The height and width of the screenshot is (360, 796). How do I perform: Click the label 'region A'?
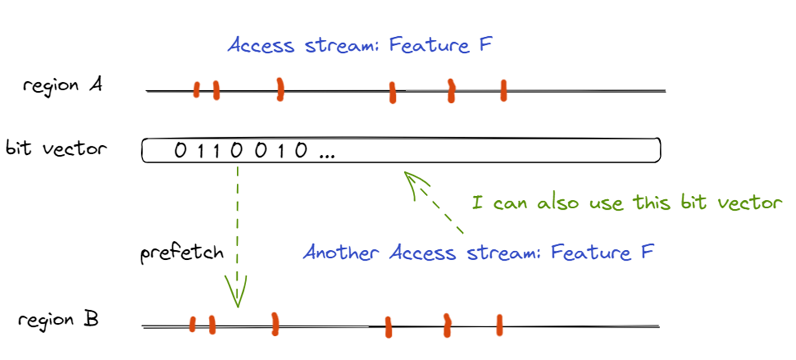tap(62, 86)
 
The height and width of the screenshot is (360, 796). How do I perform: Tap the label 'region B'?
tap(58, 320)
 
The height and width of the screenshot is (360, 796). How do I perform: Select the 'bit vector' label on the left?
tap(56, 149)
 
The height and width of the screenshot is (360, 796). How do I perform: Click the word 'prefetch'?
tap(182, 253)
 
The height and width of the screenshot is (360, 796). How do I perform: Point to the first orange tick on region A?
tap(196, 89)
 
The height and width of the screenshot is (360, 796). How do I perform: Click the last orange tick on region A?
tap(503, 90)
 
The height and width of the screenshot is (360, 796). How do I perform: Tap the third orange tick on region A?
tap(280, 89)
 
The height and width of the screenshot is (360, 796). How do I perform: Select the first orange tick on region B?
tap(193, 324)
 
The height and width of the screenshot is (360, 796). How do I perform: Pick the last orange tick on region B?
tap(499, 325)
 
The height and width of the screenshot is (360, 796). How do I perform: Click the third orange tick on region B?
tap(274, 324)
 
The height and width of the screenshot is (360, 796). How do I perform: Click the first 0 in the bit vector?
tap(180, 151)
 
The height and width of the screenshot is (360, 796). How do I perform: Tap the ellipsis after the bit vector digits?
tap(326, 153)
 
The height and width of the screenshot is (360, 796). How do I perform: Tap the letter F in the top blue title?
tap(483, 45)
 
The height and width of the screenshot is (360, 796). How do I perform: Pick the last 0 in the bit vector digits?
tap(300, 151)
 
